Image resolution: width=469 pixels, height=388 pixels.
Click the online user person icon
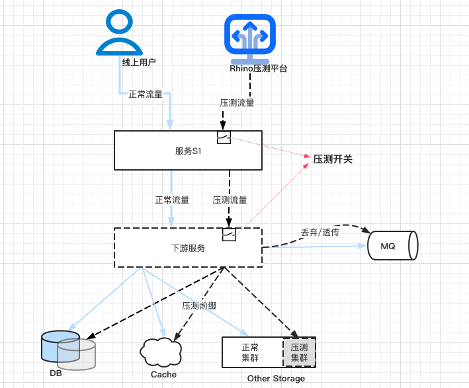coord(119,33)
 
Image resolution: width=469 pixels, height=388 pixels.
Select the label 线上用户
coord(139,63)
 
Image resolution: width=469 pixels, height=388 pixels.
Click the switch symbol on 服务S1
coord(224,137)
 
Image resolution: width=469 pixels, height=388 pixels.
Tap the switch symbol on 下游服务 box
coord(230,235)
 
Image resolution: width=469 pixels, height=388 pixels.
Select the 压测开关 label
coord(333,159)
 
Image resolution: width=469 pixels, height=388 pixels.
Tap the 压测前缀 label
coord(200,306)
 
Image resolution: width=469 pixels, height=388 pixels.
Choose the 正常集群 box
coord(251,352)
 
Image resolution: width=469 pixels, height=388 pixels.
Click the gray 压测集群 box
coord(300,352)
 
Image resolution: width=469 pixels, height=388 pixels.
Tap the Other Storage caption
coord(276,379)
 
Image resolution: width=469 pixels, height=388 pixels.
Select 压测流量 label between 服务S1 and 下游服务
coord(230,200)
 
